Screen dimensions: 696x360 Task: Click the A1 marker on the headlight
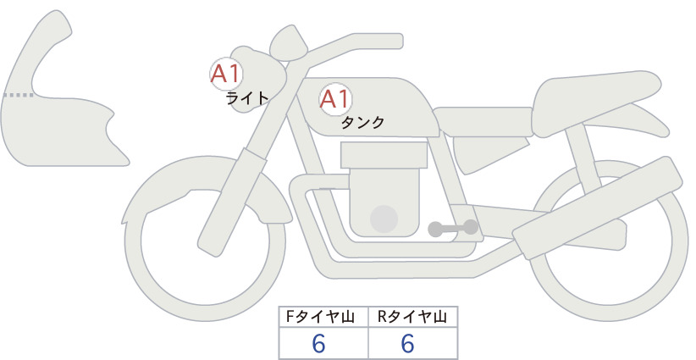pos(226,74)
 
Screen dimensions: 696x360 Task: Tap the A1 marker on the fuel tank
pos(335,99)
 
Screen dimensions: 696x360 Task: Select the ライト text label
pos(247,98)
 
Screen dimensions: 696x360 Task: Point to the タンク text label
pos(362,123)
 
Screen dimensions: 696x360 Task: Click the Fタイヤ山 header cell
pos(323,317)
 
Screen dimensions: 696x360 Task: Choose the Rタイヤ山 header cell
pos(413,317)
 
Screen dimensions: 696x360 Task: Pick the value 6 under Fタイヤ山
pos(318,344)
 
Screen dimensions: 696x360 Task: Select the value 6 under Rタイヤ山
pos(407,344)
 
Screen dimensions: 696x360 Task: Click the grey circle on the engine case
pos(384,219)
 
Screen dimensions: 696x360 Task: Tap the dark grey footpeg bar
pos(453,228)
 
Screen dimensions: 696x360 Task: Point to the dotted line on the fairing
pos(18,95)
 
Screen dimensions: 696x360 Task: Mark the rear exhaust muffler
pos(598,208)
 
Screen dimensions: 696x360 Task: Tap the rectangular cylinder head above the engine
pos(384,155)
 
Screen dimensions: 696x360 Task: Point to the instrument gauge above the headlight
pos(289,43)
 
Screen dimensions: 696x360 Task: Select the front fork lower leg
pos(232,202)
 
